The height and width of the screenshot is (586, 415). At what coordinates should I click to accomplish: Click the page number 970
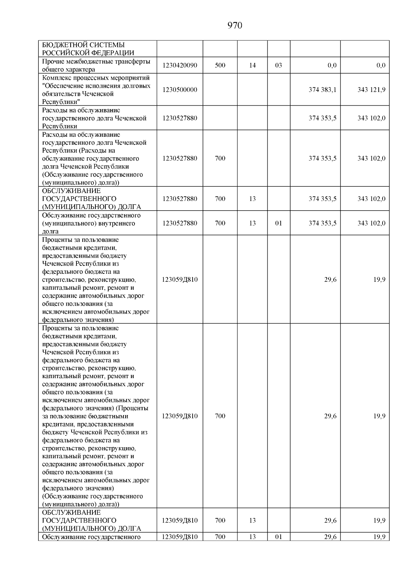click(x=235, y=26)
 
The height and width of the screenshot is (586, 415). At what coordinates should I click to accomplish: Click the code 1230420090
click(x=179, y=65)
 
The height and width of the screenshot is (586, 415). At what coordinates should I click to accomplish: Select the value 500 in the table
click(x=220, y=65)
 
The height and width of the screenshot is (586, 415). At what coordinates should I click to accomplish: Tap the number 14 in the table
click(x=252, y=65)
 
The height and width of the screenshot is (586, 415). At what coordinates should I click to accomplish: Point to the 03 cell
click(x=278, y=65)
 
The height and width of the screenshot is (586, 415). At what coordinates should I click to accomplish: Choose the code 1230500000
click(x=179, y=90)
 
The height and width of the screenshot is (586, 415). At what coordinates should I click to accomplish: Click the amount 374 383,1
click(x=322, y=90)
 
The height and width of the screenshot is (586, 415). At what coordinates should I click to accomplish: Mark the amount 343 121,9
click(x=371, y=90)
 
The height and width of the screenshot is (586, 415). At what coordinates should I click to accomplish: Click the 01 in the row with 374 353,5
click(x=278, y=223)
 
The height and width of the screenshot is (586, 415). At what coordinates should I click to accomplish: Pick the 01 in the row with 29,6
click(x=278, y=537)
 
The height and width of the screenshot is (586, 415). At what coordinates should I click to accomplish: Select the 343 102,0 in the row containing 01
click(x=371, y=223)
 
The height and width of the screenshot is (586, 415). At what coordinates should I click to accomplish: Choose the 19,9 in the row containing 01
click(x=379, y=537)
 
